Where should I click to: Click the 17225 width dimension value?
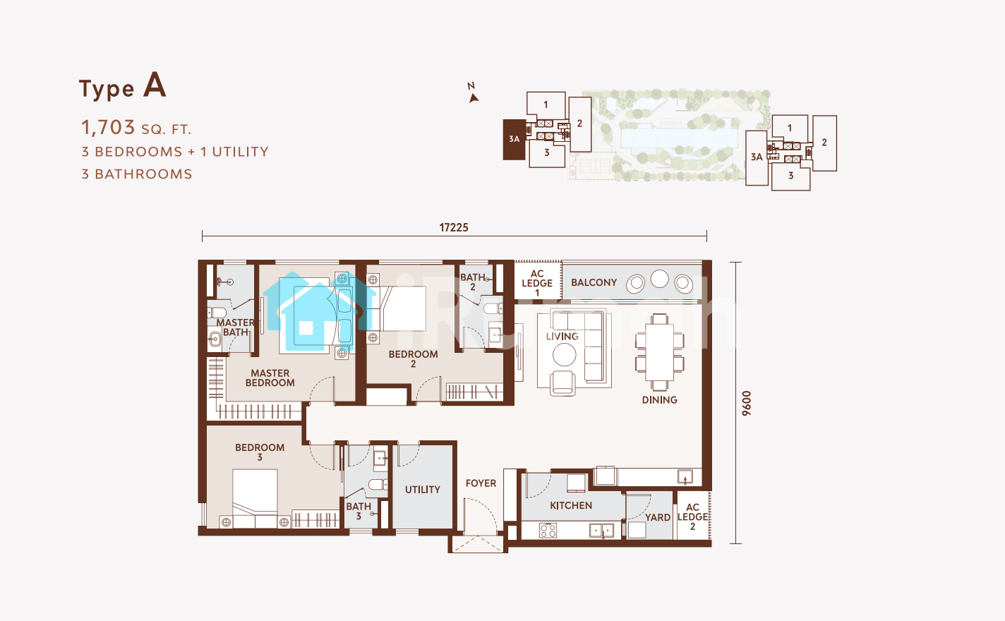click(454, 227)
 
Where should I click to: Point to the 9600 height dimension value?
click(746, 404)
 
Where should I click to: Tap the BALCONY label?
click(594, 283)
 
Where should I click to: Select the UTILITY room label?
click(423, 490)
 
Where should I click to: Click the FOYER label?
click(481, 483)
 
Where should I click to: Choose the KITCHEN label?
click(571, 506)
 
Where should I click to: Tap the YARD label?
click(658, 518)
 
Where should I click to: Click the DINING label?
click(659, 400)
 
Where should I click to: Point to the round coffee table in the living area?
click(565, 355)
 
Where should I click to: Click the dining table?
click(659, 352)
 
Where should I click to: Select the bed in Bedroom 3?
click(255, 498)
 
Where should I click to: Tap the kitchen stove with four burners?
click(548, 531)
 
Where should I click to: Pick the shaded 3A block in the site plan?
click(514, 140)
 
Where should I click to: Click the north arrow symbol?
click(473, 98)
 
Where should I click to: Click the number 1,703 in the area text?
click(108, 128)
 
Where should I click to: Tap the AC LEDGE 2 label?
click(693, 517)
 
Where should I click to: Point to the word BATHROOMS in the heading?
click(143, 174)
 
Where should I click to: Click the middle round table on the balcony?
click(659, 279)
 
